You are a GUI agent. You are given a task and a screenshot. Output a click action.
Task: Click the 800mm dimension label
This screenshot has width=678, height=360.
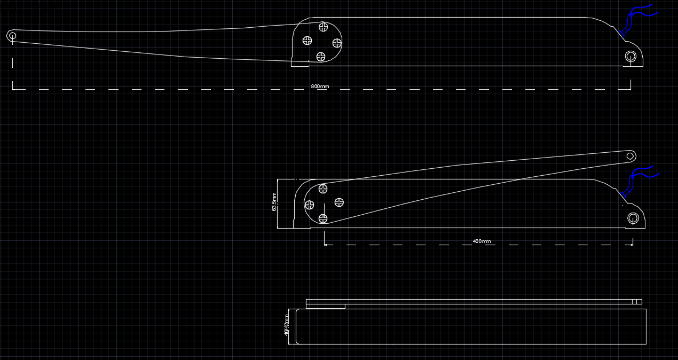[x=320, y=87]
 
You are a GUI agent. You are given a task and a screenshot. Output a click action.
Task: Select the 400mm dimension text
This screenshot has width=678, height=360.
[x=482, y=241]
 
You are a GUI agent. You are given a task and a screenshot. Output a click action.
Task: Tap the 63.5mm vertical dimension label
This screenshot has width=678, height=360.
[x=274, y=202]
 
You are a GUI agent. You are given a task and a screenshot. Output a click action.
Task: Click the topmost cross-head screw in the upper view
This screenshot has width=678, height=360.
[x=324, y=26]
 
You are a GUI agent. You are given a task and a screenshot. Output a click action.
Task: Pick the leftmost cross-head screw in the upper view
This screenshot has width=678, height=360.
[x=308, y=40]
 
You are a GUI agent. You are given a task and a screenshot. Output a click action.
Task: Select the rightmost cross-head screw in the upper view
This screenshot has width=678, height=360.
[x=337, y=43]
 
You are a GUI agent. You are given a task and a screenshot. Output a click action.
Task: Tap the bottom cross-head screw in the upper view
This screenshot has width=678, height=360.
[x=321, y=56]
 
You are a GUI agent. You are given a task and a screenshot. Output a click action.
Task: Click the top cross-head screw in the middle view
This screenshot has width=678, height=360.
[x=323, y=189]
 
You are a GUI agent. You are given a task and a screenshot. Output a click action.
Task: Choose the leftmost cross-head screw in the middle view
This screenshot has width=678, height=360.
[x=309, y=204]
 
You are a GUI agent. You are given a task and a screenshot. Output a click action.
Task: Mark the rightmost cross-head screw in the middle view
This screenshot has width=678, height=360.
[x=339, y=202]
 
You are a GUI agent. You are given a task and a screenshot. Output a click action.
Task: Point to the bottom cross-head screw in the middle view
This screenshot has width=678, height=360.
[x=323, y=218]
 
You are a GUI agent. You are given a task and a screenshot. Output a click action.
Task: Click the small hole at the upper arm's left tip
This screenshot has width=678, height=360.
[x=12, y=36]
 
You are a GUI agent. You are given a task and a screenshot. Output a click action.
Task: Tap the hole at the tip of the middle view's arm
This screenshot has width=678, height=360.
[x=630, y=156]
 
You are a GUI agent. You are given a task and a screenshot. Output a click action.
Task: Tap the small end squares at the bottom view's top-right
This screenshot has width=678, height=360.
[x=637, y=302]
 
